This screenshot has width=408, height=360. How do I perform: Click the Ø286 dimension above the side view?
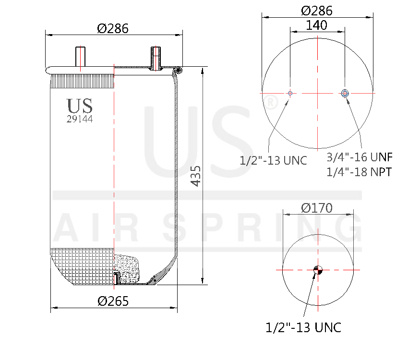pyautogui.click(x=113, y=28)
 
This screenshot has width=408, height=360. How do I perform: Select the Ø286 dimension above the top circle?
pyautogui.click(x=316, y=11)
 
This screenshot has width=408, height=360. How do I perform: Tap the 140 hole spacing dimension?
pyautogui.click(x=316, y=25)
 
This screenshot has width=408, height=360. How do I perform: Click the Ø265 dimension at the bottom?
pyautogui.click(x=113, y=301)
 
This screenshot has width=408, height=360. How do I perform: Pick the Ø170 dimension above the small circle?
pyautogui.click(x=317, y=208)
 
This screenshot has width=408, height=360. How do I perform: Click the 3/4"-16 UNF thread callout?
pyautogui.click(x=360, y=157)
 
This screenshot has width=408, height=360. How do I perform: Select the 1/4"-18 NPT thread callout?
pyautogui.click(x=359, y=171)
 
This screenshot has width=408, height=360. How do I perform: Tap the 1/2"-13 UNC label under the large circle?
pyautogui.click(x=273, y=160)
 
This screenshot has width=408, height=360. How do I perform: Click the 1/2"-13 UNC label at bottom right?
pyautogui.click(x=303, y=327)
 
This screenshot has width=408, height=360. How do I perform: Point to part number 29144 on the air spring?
pyautogui.click(x=79, y=120)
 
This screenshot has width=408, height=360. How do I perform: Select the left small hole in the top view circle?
pyautogui.click(x=290, y=93)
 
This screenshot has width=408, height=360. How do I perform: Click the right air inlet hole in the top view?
pyautogui.click(x=345, y=93)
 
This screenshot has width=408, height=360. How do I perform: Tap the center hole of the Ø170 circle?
pyautogui.click(x=317, y=270)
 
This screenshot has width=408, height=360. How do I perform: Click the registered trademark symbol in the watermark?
pyautogui.click(x=271, y=103)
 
